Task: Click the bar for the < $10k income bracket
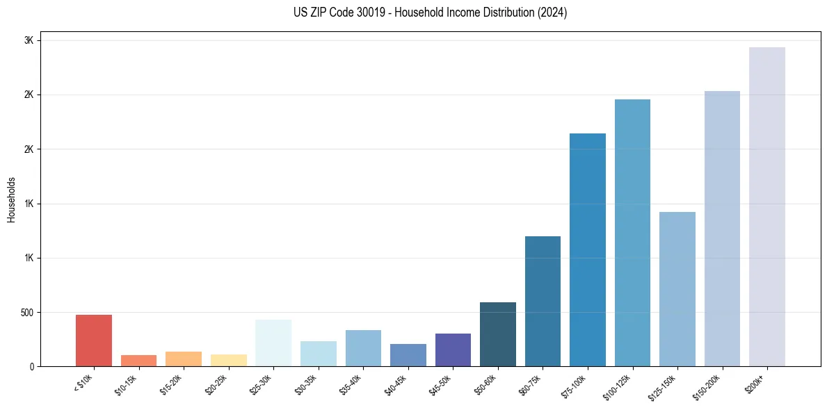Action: point(94,341)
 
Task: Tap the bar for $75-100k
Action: point(588,249)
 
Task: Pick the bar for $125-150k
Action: point(677,289)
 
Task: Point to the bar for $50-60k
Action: point(498,334)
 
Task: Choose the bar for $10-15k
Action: point(138,361)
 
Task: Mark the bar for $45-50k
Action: point(453,350)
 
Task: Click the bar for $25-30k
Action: point(273,343)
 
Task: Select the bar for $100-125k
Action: point(633,233)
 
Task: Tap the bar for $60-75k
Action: point(543,301)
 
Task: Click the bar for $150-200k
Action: point(722,229)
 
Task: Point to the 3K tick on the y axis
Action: point(29,40)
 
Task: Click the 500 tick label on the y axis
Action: point(26,313)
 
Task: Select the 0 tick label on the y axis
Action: point(32,367)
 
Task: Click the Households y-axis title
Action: point(11,199)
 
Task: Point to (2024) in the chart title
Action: point(552,13)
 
